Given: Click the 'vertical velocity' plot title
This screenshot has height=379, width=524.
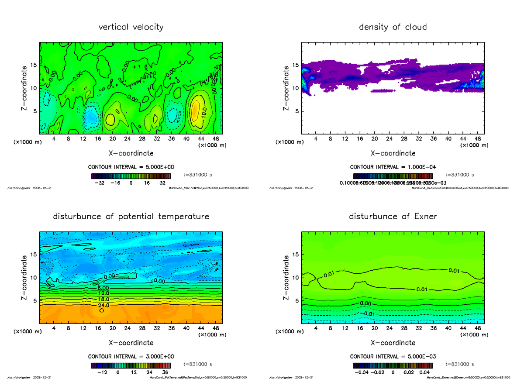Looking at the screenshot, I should [x=131, y=27].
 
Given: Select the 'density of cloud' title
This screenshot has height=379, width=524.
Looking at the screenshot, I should [x=393, y=27].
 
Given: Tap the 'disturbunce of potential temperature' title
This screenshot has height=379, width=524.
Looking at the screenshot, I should [x=131, y=217].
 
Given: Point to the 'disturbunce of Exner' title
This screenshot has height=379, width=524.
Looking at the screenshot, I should [x=393, y=217].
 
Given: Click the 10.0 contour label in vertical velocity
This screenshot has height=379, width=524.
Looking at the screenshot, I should [x=204, y=113].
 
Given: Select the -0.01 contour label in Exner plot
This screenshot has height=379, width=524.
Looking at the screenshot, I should [x=369, y=314].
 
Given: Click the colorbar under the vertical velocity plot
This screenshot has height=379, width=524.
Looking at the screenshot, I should [x=131, y=176].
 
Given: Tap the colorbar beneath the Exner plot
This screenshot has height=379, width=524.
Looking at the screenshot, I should [x=393, y=365].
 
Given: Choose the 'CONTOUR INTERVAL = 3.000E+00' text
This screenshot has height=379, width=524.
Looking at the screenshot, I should [x=131, y=356].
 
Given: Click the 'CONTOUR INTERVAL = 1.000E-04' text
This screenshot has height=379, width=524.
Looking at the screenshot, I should [x=393, y=167].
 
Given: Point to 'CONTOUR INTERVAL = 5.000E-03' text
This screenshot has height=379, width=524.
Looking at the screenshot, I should [x=393, y=356].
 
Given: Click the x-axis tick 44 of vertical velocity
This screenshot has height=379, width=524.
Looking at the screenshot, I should [x=193, y=139].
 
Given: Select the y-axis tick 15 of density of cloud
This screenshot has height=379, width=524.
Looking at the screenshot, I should [x=295, y=65].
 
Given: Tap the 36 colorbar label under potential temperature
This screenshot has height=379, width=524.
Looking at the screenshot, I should [x=165, y=372].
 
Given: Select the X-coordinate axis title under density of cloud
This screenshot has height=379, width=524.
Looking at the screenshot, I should [x=393, y=153].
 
